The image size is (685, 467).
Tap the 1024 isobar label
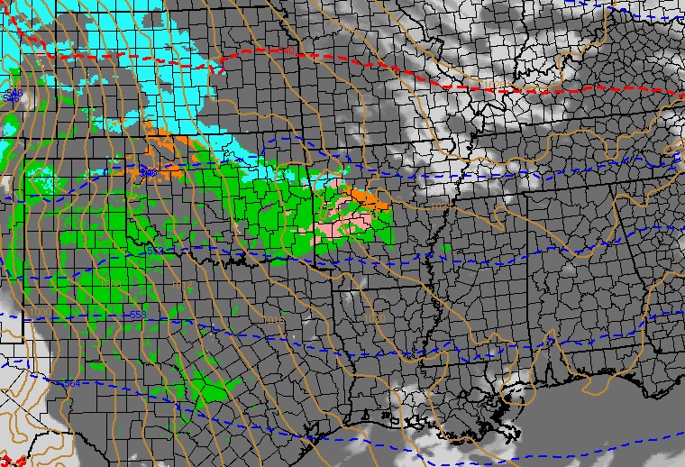coord(440,207)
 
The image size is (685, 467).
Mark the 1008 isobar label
coord(111,283)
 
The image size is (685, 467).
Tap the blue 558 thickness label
coord(137,315)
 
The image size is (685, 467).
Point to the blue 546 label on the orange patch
coord(148,171)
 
